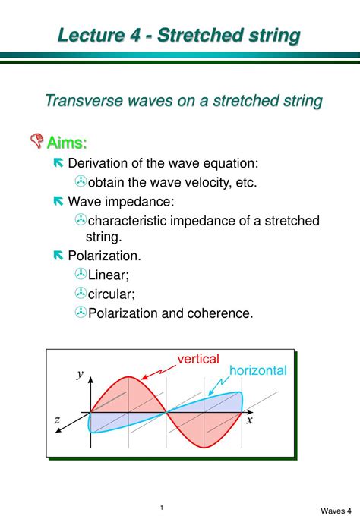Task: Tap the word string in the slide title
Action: (x=267, y=36)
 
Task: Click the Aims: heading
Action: (x=67, y=142)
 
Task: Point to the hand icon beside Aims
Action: (x=37, y=141)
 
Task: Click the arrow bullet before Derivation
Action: (x=58, y=163)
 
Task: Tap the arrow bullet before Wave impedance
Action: (x=58, y=201)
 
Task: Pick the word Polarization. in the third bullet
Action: (x=104, y=256)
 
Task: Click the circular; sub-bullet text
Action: (x=112, y=293)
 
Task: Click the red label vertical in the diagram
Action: (x=198, y=358)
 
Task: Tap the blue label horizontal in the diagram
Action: (x=258, y=370)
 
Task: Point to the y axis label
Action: (x=79, y=373)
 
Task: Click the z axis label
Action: (x=57, y=420)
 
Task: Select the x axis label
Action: (x=248, y=420)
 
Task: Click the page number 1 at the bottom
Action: (x=163, y=486)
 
